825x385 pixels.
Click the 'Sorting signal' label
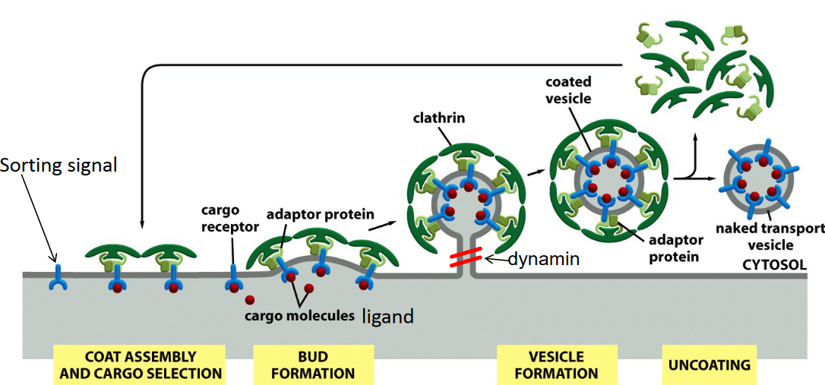(x=60, y=165)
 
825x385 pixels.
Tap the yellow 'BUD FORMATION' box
(x=313, y=364)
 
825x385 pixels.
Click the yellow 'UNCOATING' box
(x=709, y=364)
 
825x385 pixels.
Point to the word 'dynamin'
(x=544, y=260)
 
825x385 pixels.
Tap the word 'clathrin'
(x=440, y=118)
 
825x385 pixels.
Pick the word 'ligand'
(x=388, y=315)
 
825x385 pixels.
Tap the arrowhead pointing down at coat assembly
(x=142, y=226)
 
